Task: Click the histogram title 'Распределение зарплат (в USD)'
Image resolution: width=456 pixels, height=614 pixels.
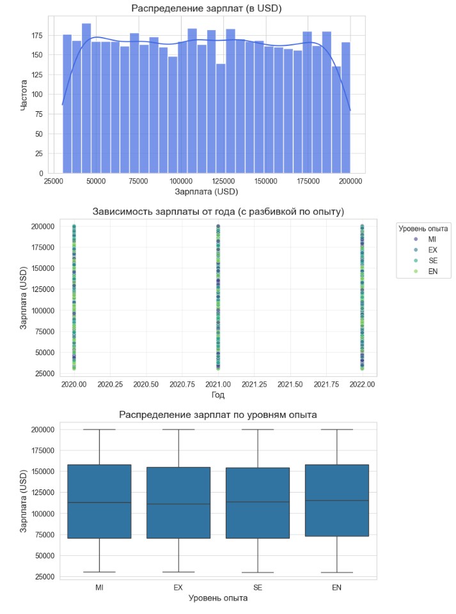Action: tap(206, 8)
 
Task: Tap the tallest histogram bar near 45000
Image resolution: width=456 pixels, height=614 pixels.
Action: tap(86, 98)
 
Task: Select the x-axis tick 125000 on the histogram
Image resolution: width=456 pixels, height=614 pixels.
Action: tap(223, 181)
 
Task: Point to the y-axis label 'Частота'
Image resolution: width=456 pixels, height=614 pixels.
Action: tap(24, 95)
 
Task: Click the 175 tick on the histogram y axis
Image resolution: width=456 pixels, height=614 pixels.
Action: tap(37, 36)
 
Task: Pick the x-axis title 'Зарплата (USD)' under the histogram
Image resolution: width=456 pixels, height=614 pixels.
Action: tap(206, 192)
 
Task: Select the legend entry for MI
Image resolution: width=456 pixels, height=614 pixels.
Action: tap(426, 239)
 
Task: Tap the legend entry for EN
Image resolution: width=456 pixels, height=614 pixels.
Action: tap(426, 272)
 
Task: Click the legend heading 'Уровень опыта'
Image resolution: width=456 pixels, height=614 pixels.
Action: tap(423, 229)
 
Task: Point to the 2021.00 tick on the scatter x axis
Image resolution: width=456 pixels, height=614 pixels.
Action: tap(218, 385)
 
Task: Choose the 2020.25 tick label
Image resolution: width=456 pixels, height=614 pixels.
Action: tap(110, 385)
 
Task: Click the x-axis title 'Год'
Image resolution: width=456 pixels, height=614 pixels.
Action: tap(218, 395)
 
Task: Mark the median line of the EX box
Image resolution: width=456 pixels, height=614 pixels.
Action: tap(178, 504)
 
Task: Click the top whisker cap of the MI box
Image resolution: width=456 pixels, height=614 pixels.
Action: tap(99, 429)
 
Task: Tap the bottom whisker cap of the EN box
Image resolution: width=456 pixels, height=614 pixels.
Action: tap(337, 572)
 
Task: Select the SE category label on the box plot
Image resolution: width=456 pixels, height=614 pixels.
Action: tap(258, 588)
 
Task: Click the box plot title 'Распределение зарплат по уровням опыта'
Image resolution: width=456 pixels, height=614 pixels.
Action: tap(218, 415)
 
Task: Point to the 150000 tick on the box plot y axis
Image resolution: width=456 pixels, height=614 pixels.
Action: tap(43, 472)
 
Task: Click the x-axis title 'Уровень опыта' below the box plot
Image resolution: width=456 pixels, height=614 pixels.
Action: tap(218, 598)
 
